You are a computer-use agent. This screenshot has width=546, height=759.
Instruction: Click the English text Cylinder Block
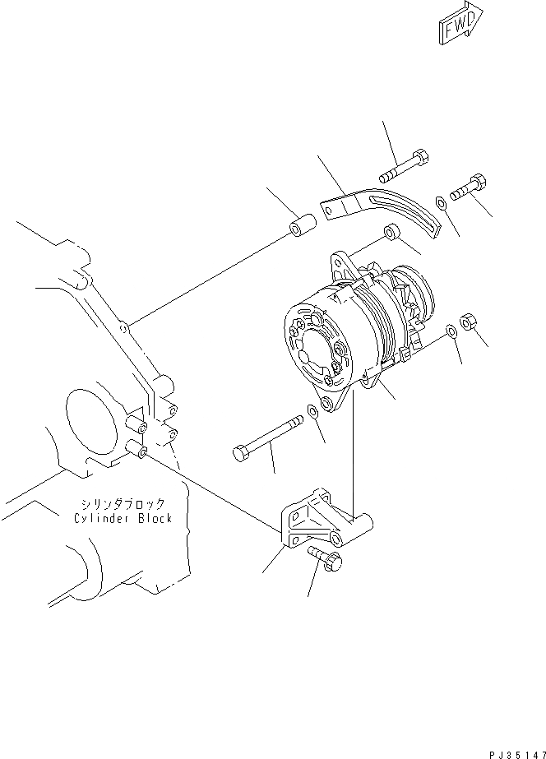pos(122,518)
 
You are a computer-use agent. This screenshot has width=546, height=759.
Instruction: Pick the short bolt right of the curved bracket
pos(467,187)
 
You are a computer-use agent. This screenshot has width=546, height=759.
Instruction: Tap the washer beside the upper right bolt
pos(442,202)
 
